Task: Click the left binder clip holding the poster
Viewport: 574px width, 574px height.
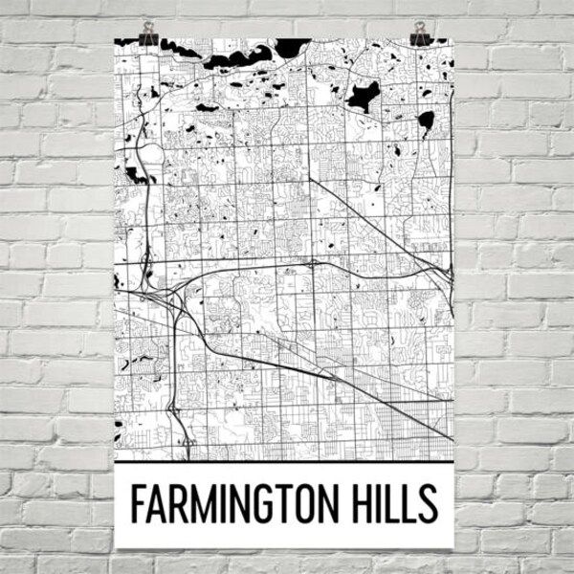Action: coord(148,34)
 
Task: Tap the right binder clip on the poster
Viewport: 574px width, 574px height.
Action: coord(420,34)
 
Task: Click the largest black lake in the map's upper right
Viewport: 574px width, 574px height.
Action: coord(363,96)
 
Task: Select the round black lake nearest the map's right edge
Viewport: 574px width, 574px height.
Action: coord(426,121)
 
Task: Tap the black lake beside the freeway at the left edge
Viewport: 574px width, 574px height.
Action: coord(135,175)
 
